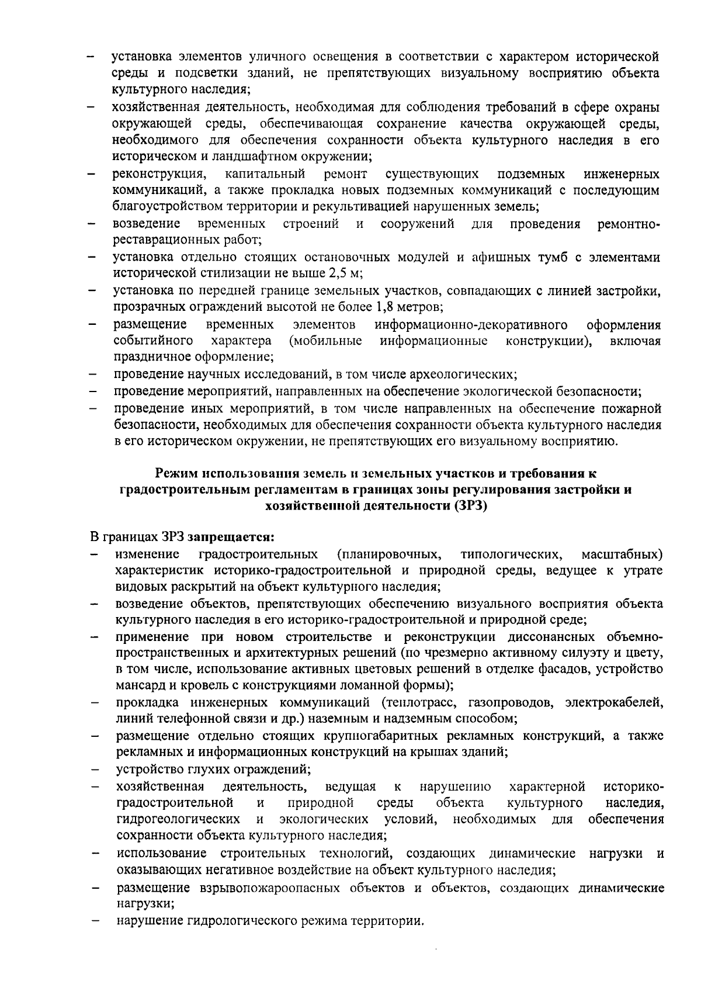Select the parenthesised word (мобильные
tap(325, 340)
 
